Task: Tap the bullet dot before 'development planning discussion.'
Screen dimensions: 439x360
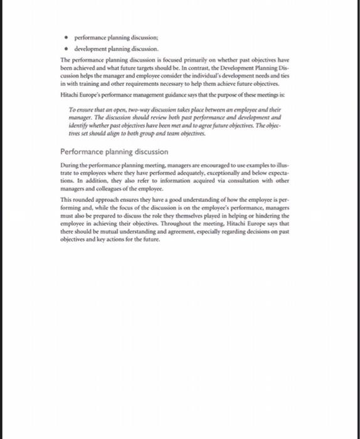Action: pyautogui.click(x=67, y=48)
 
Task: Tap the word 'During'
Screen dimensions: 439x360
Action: pyautogui.click(x=69, y=166)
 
